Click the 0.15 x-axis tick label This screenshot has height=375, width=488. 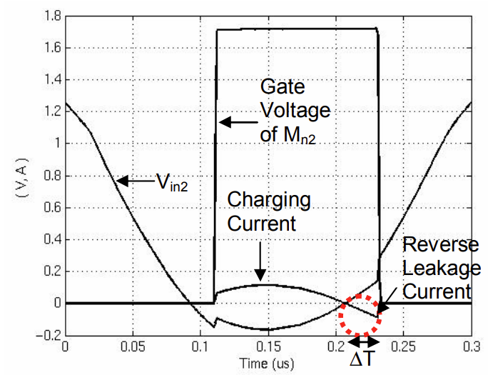tap(268, 346)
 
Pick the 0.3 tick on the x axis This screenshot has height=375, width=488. tap(472, 346)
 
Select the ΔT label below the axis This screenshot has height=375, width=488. tap(360, 361)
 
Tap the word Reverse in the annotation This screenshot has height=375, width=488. tap(440, 245)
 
